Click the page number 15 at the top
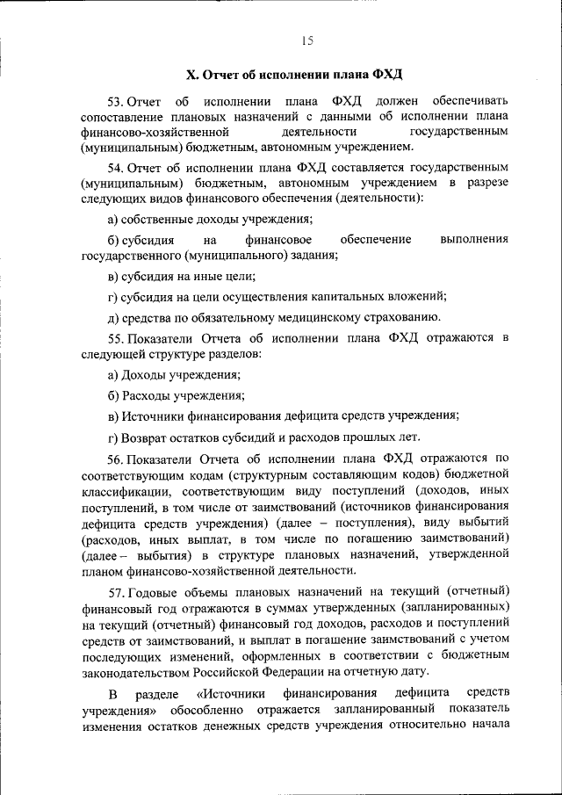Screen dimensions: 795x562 point(307,40)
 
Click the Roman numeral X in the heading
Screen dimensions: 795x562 point(192,73)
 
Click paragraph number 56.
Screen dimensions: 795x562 point(115,459)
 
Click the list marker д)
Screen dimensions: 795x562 point(112,318)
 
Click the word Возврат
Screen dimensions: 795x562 point(146,437)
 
